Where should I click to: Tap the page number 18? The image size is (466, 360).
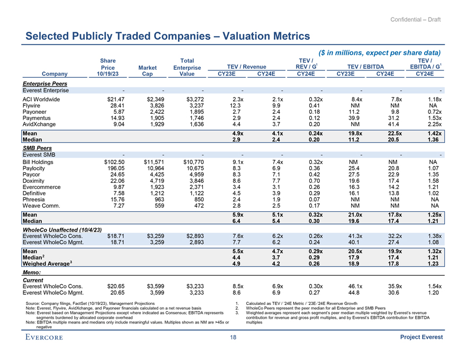tap(232, 338)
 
